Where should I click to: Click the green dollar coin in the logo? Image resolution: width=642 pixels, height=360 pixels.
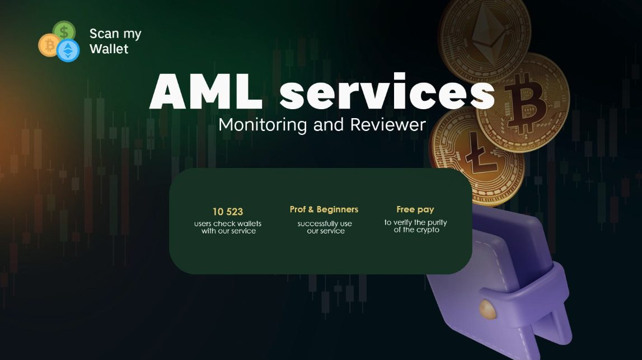pyautogui.click(x=64, y=31)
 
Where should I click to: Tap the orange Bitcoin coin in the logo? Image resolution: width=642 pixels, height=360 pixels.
pyautogui.click(x=49, y=45)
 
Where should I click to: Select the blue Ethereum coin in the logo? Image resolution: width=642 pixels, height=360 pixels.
pyautogui.click(x=68, y=50)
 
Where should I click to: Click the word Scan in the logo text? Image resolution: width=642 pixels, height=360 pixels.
pyautogui.click(x=104, y=34)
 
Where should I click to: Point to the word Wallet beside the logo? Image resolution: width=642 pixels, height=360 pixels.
pyautogui.click(x=109, y=49)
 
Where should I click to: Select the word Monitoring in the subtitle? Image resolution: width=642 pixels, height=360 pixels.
pyautogui.click(x=263, y=125)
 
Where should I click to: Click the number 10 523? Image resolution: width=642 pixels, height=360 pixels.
pyautogui.click(x=228, y=212)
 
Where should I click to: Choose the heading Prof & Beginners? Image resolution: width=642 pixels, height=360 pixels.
pyautogui.click(x=324, y=209)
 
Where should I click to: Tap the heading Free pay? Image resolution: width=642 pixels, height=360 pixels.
pyautogui.click(x=415, y=210)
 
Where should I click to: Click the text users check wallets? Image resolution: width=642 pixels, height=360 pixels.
pyautogui.click(x=228, y=223)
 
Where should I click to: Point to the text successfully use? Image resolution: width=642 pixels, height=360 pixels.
pyautogui.click(x=325, y=224)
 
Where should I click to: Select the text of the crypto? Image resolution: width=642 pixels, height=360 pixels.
pyautogui.click(x=416, y=230)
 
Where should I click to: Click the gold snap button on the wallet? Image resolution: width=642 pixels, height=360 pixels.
pyautogui.click(x=487, y=310)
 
